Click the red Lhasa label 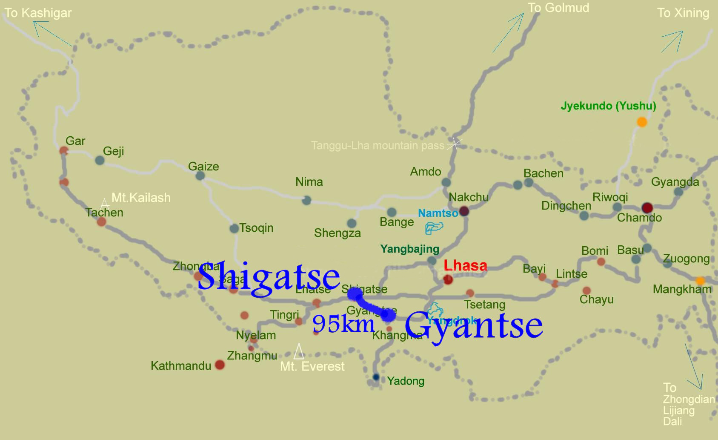[x=465, y=266]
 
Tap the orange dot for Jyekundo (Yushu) [x=641, y=122]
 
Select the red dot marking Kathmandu [x=220, y=365]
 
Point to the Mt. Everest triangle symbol [x=299, y=351]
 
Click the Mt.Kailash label [x=141, y=198]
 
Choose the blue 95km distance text [x=343, y=324]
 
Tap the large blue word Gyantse [x=473, y=325]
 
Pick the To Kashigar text [x=38, y=13]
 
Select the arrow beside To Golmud [x=508, y=33]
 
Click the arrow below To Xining [x=672, y=41]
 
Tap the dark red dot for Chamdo [x=647, y=208]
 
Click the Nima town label [x=309, y=182]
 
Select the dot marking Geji [x=100, y=161]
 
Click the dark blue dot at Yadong [x=376, y=377]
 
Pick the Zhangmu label [x=252, y=356]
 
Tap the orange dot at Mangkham [x=700, y=281]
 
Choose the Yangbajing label [x=409, y=249]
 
